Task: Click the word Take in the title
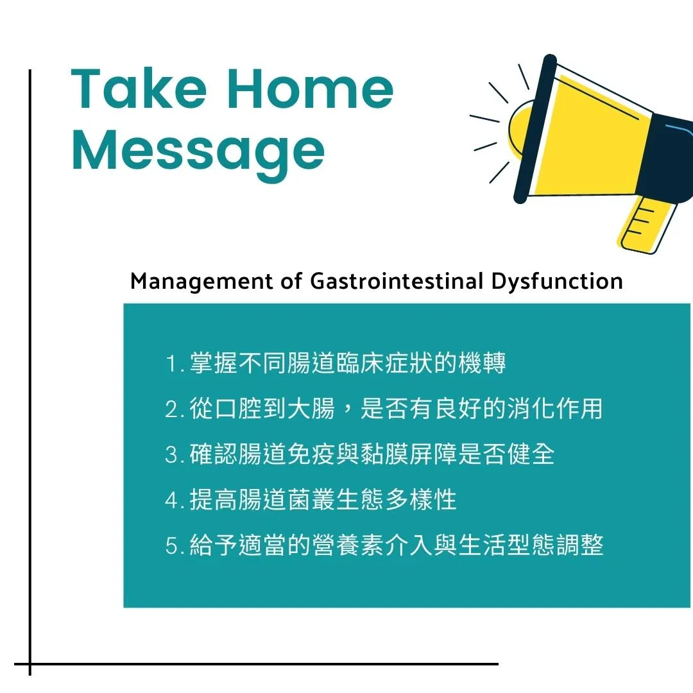[139, 89]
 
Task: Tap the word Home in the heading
[311, 89]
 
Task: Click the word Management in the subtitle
[201, 282]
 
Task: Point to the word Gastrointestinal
[397, 280]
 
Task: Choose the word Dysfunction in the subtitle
[557, 282]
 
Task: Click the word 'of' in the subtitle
[291, 280]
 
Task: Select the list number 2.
[171, 409]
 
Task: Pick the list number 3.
[171, 455]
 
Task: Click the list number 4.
[171, 501]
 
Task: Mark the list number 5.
[171, 546]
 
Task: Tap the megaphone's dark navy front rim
[535, 128]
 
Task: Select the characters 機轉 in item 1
[482, 363]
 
